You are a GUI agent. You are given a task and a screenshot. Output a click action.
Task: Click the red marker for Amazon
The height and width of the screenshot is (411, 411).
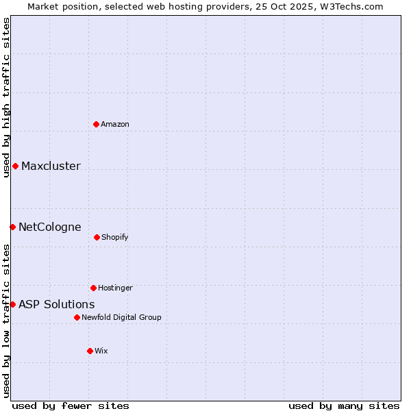(96, 124)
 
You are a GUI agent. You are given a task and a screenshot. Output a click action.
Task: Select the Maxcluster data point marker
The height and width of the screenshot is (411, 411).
(15, 166)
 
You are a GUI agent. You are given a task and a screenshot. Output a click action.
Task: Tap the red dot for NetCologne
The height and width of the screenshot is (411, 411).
(12, 227)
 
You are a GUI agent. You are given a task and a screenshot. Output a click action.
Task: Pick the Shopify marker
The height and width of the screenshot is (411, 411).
(97, 237)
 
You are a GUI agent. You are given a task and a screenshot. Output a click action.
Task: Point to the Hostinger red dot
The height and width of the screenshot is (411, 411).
(93, 288)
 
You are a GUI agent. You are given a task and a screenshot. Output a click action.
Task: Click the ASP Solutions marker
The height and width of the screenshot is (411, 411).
(12, 304)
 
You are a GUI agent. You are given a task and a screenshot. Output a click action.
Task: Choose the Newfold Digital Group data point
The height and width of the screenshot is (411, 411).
(77, 317)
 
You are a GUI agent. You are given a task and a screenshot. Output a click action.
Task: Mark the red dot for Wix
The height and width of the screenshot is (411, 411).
(90, 351)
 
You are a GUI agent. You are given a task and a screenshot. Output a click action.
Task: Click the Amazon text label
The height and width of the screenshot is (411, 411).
(115, 124)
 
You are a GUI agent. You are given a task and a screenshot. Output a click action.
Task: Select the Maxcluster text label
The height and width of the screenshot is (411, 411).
(51, 166)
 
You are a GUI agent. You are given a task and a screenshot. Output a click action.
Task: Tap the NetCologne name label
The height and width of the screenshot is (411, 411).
(49, 227)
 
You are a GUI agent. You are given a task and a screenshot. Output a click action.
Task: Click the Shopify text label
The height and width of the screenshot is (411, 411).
(115, 237)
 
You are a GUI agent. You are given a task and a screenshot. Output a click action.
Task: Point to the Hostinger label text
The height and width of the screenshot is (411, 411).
(115, 288)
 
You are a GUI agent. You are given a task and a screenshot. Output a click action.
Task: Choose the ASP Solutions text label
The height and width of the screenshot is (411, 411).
(56, 304)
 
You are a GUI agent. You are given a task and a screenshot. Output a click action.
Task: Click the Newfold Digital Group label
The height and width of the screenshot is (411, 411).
(121, 317)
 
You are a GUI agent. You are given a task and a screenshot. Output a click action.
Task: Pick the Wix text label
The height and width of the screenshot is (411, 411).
(101, 351)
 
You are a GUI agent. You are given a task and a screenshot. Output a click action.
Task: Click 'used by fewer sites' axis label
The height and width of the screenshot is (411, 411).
(71, 406)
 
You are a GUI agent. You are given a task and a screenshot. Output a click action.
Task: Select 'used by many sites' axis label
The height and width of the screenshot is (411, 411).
(344, 406)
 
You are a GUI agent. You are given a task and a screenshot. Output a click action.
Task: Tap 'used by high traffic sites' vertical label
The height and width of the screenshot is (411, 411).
(6, 97)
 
